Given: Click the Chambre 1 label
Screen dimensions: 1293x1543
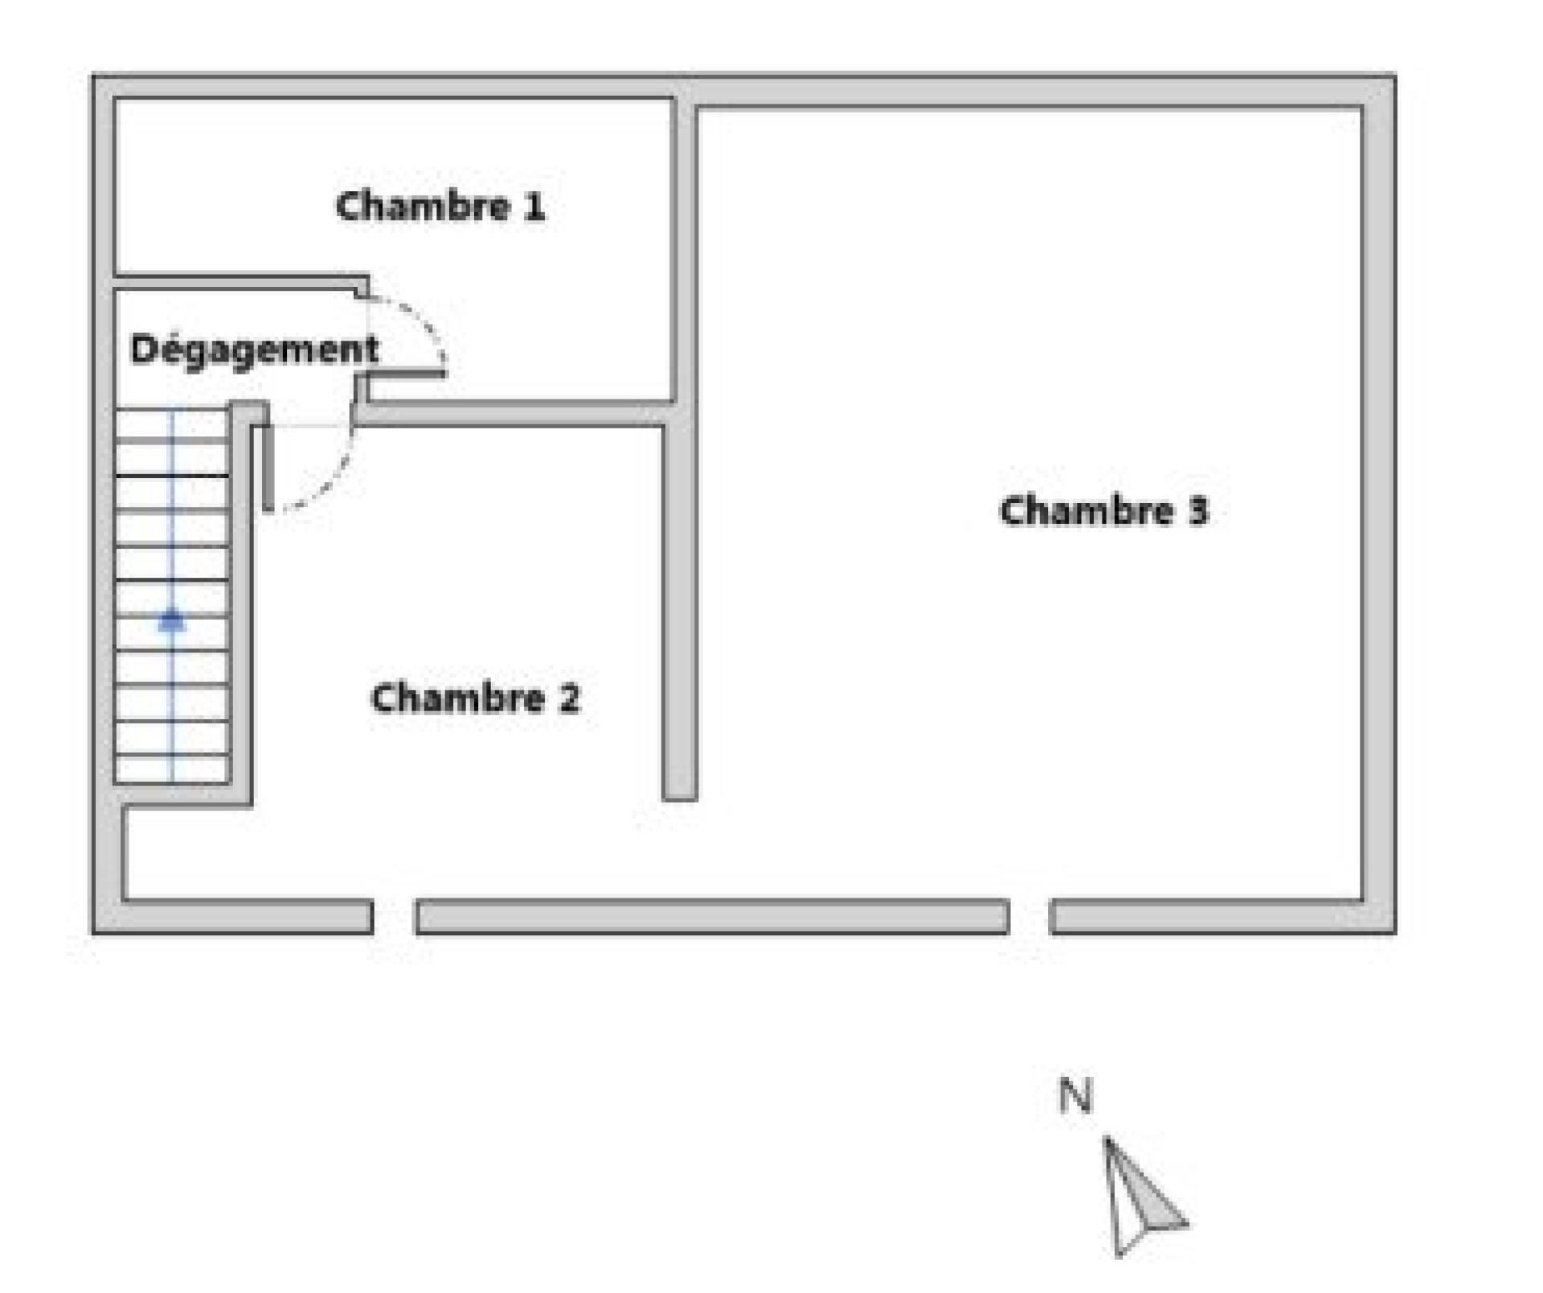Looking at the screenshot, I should click(440, 207).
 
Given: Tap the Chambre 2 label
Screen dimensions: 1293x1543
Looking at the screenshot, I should click(474, 698).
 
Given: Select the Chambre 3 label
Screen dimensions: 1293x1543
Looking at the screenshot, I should click(1103, 511).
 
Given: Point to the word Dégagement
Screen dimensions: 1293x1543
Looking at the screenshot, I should click(254, 350).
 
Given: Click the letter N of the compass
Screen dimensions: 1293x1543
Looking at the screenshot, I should click(1076, 1095).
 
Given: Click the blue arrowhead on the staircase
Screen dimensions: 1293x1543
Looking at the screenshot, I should click(172, 620).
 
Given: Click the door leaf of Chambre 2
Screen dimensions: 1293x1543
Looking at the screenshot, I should click(268, 467).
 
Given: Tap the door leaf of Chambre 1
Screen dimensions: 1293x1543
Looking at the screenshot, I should click(407, 373).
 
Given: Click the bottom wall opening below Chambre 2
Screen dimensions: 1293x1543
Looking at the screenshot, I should click(394, 917).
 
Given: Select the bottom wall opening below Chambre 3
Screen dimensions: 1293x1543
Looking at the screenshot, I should click(1029, 917).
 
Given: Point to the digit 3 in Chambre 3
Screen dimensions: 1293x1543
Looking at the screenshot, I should click(1198, 511).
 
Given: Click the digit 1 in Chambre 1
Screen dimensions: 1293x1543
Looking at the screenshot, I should click(534, 207).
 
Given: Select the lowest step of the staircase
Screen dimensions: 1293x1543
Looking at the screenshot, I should click(172, 768).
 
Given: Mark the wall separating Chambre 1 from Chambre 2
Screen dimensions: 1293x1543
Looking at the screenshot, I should click(514, 414).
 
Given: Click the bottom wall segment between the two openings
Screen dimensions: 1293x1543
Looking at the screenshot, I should click(712, 917).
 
